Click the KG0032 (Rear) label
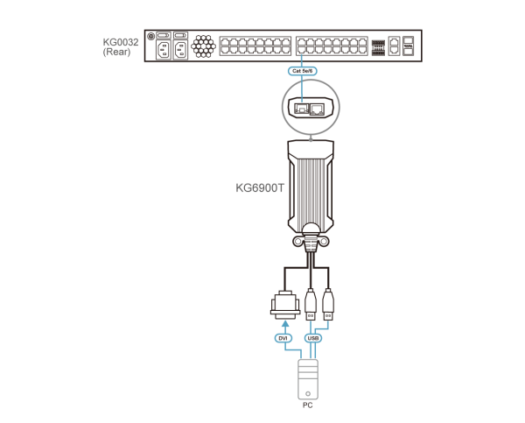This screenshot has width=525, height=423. (120, 46)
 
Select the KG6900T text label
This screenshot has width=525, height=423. (260, 187)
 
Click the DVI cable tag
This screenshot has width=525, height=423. (283, 337)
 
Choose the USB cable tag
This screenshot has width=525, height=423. (312, 337)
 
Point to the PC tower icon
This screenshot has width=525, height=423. (308, 379)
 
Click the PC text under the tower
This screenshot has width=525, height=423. (307, 405)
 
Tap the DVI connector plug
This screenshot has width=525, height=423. (284, 303)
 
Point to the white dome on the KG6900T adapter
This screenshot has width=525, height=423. (311, 230)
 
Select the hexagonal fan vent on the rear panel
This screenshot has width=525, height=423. (203, 46)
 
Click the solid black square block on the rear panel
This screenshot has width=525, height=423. (378, 46)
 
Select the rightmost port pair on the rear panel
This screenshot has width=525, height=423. (408, 46)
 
